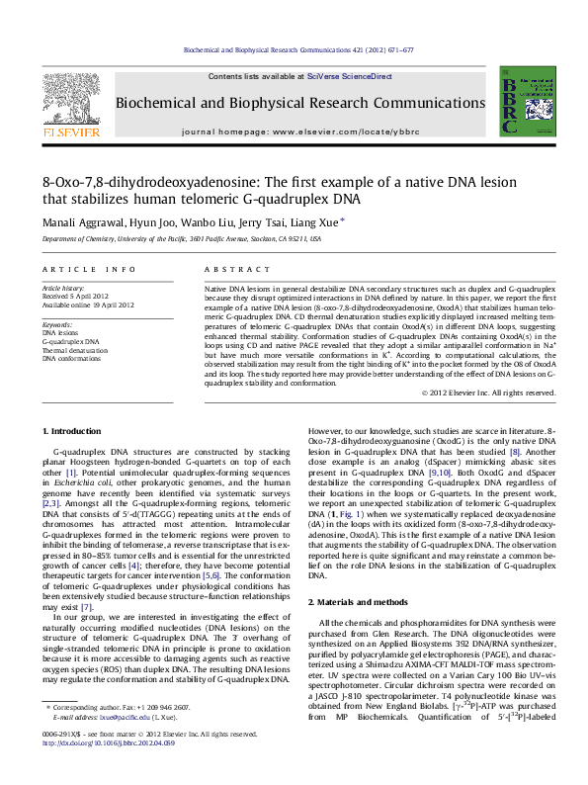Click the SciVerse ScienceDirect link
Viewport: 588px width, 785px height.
click(x=349, y=76)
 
